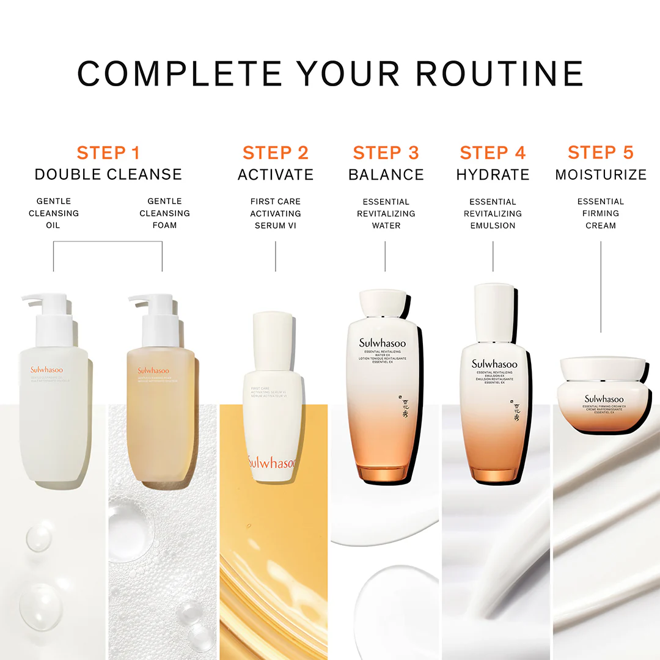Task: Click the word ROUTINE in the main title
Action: tap(500, 73)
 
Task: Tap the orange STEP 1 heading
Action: tap(108, 153)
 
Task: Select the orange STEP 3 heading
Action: tap(386, 153)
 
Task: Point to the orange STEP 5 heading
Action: tap(601, 153)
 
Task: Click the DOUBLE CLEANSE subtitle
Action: tap(108, 175)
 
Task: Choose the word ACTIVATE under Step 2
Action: tap(276, 175)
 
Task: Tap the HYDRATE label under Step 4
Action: tap(493, 175)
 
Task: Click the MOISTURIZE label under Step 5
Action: tap(601, 175)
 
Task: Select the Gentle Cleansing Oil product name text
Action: tap(54, 213)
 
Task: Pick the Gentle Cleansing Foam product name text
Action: tap(164, 213)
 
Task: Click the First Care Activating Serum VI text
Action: tap(276, 213)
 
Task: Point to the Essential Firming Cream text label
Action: tap(601, 213)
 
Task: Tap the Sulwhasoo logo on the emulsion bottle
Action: tap(494, 364)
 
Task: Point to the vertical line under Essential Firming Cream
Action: tap(601, 287)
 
